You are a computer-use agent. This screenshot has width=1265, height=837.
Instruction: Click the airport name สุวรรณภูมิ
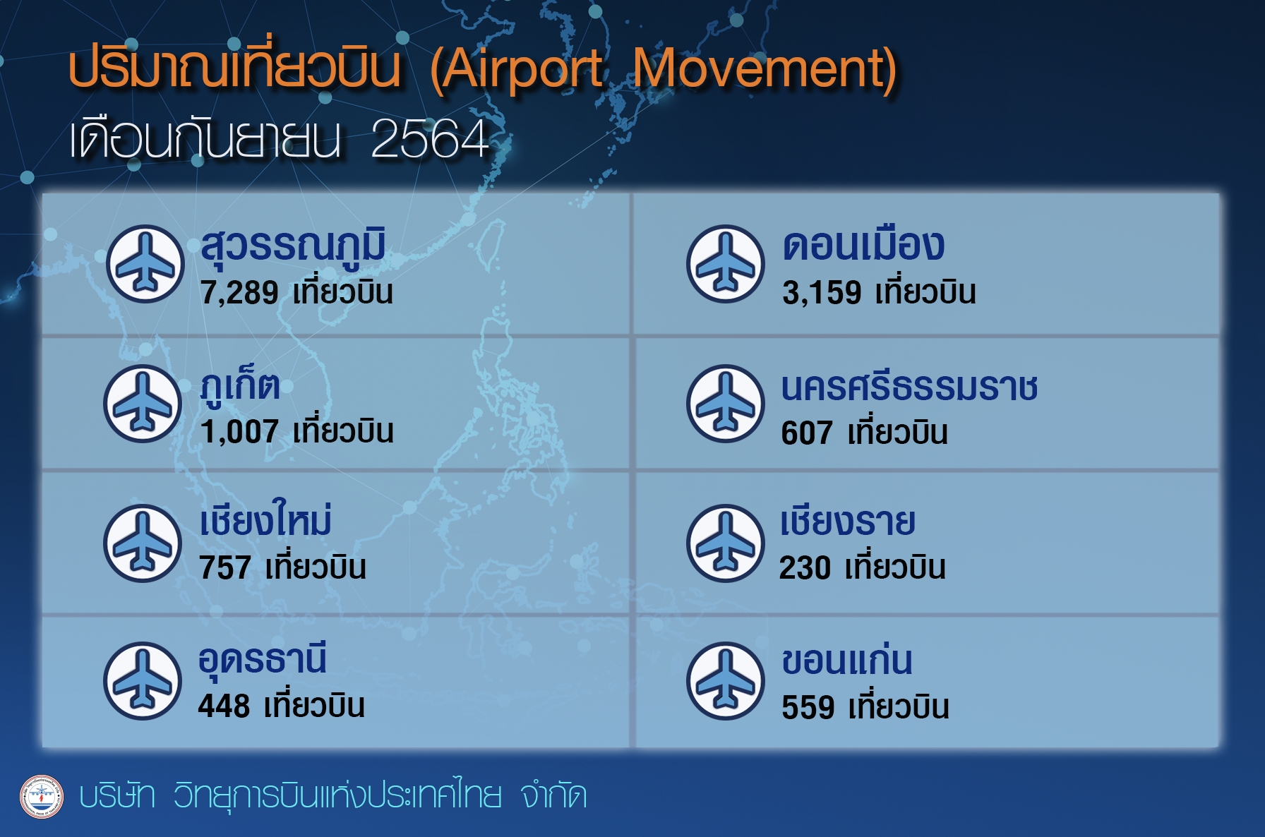(293, 246)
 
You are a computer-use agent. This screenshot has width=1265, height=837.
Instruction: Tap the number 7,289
(239, 293)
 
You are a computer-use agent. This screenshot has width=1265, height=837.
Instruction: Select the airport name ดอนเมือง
(863, 245)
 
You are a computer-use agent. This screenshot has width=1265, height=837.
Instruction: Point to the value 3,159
(822, 293)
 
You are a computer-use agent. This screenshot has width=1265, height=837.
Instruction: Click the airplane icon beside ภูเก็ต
(143, 404)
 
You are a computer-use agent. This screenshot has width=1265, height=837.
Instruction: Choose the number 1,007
(239, 432)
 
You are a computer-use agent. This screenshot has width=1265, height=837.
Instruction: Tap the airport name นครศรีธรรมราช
(909, 387)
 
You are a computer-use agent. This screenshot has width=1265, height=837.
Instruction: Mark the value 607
(807, 433)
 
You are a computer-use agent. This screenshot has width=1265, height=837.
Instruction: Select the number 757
(225, 568)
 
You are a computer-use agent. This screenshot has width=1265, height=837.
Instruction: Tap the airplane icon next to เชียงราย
(726, 543)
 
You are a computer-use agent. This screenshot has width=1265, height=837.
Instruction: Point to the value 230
(805, 568)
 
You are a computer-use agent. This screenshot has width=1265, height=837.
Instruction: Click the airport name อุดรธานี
(262, 659)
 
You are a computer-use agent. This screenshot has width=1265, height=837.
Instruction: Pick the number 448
(224, 706)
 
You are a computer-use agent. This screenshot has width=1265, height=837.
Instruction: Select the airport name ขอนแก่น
(847, 659)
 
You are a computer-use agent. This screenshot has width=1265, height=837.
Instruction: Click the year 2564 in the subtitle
(430, 138)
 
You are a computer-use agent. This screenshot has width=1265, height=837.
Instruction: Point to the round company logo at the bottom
(42, 797)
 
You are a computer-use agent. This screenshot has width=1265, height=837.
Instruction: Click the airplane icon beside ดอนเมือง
(726, 263)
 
